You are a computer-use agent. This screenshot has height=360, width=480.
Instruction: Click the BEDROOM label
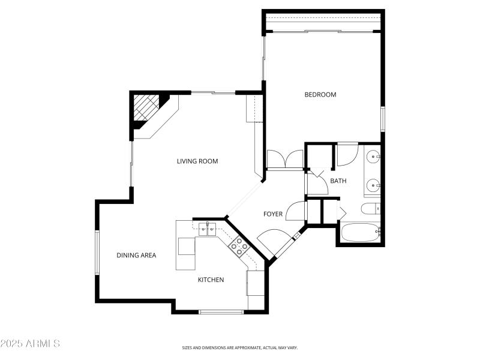tap(320, 95)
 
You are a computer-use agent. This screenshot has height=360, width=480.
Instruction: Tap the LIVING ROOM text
tap(197, 161)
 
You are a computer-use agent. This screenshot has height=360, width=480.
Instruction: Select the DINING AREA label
tap(136, 256)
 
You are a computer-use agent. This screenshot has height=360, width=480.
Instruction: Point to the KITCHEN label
tap(211, 280)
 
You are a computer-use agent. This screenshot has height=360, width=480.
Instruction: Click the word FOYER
tap(273, 214)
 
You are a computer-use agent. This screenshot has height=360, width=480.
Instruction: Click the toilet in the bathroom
tap(370, 209)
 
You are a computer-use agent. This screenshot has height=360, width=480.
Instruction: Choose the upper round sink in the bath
tap(373, 157)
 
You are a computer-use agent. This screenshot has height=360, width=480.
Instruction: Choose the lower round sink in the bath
tap(373, 185)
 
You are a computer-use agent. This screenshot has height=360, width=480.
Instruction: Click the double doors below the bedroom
tap(285, 160)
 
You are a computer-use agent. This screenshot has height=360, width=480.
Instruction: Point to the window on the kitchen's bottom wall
tap(221, 311)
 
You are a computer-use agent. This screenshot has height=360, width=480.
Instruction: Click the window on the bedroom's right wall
tap(382, 119)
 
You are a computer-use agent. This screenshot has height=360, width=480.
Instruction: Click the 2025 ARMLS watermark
tap(30, 344)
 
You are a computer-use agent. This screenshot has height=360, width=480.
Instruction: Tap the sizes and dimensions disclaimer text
tap(240, 347)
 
